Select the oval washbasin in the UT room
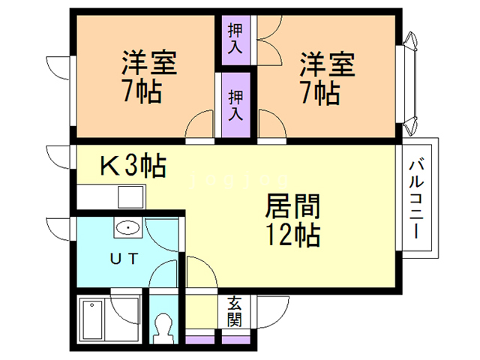127,227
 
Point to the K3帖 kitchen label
133,165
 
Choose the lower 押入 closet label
235,105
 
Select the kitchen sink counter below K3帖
111,198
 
